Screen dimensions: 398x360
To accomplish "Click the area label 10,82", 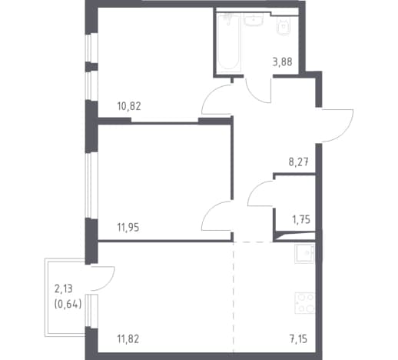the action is (129, 106).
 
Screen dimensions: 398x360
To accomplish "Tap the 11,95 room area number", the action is (128, 227).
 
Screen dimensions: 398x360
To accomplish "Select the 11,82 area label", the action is (128, 339).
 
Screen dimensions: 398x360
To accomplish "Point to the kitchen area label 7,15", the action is (298, 339).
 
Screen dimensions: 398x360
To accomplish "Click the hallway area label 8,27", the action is (299, 162).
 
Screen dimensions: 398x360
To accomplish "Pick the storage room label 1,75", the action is (301, 219).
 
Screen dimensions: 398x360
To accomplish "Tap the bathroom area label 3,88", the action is (282, 62).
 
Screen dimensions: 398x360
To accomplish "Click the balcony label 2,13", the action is (64, 288).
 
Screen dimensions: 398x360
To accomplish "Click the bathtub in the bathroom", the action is (228, 42).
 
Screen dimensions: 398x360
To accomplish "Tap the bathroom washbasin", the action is (254, 19).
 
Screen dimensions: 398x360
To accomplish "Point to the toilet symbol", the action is (284, 27).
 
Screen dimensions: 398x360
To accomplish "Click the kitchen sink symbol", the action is (304, 253).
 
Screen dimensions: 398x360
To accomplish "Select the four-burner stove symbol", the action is (305, 303).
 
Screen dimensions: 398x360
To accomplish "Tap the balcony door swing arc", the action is (110, 282).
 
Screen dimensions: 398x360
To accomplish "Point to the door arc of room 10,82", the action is (211, 93).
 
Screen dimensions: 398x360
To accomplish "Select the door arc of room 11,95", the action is (211, 209).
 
